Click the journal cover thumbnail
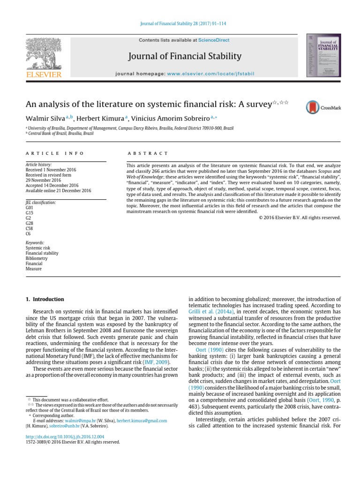[323, 55]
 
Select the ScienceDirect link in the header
[214, 41]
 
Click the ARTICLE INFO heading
[55, 153]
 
